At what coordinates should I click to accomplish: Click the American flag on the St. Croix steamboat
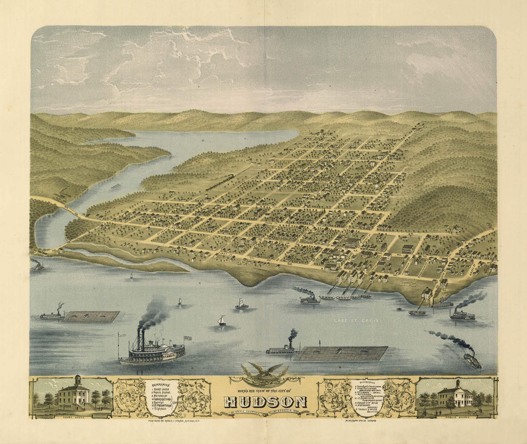(x=189, y=338)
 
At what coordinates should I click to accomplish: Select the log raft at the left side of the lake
(x=92, y=316)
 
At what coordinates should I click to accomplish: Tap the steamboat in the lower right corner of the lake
(x=472, y=361)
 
